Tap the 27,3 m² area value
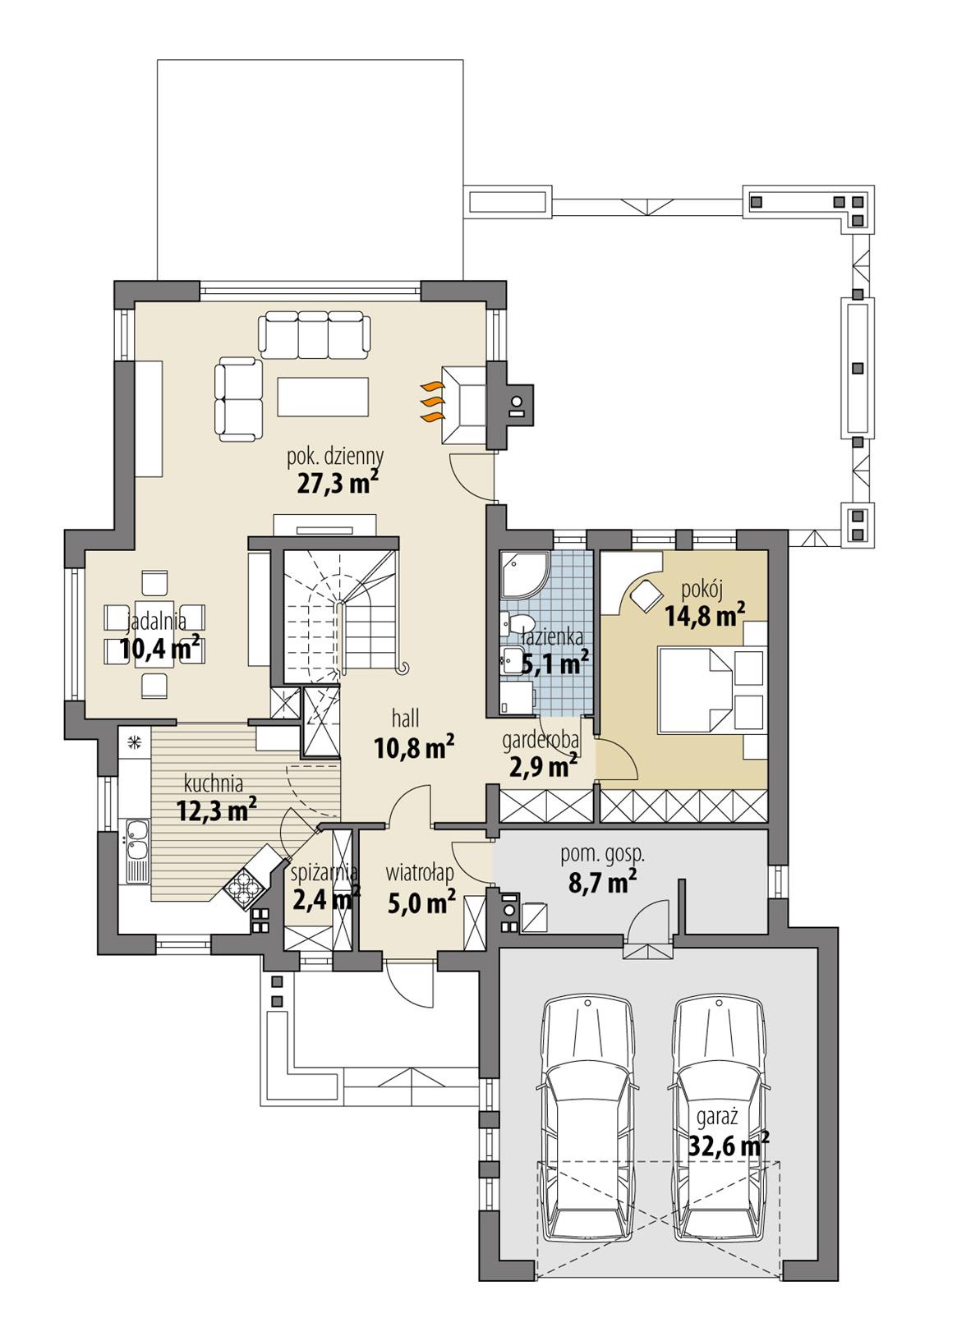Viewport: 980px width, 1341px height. point(337,482)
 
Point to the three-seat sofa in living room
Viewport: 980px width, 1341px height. point(313,335)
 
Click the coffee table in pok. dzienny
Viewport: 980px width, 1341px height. point(323,396)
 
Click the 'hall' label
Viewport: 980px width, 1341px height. point(406,719)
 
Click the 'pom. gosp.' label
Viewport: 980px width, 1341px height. point(602,854)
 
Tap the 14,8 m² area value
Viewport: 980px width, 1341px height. point(705,614)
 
